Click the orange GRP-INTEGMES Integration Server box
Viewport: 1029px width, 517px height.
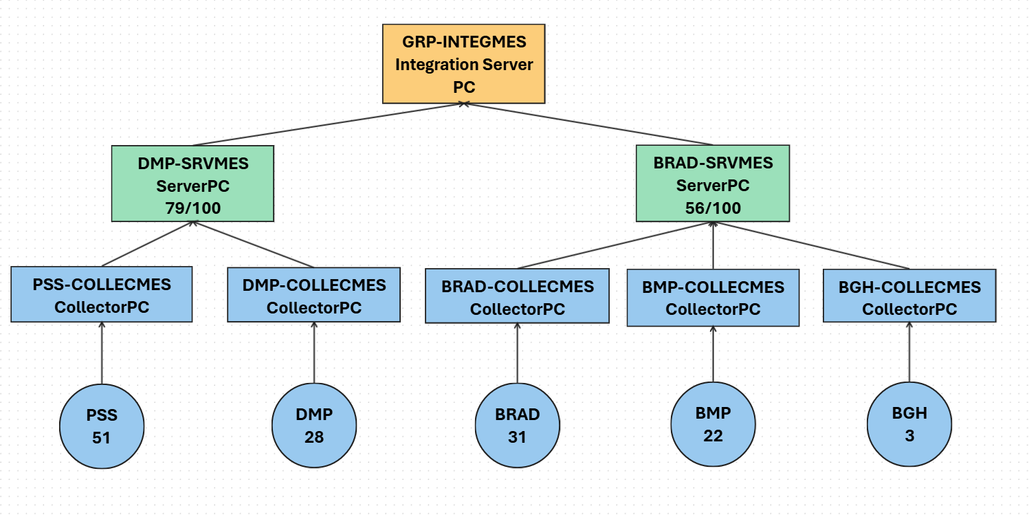[x=463, y=64]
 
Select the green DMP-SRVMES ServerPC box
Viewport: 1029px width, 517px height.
[x=192, y=184]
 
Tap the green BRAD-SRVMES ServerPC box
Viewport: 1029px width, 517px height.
[x=713, y=184]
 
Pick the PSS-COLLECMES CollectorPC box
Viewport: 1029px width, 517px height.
[x=102, y=294]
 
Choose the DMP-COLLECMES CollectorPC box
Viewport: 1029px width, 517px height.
[x=313, y=294]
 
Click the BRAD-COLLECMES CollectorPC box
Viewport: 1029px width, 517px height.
[x=518, y=296]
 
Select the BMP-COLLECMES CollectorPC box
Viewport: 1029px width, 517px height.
[x=713, y=298]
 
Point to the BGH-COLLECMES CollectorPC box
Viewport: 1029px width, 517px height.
[x=909, y=296]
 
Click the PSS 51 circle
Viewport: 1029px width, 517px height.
[x=102, y=426]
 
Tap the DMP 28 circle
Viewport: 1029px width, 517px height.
[x=314, y=425]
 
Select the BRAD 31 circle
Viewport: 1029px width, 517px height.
[x=518, y=425]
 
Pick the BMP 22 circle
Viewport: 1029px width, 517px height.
[x=713, y=423]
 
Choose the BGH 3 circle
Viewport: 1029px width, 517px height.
[x=909, y=423]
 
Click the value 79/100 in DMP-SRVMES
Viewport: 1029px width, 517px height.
[x=193, y=208]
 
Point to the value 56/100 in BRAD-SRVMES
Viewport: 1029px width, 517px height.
[x=713, y=208]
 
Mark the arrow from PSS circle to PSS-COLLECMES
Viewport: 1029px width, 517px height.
[x=102, y=353]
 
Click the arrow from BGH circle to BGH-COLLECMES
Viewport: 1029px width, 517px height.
[x=909, y=352]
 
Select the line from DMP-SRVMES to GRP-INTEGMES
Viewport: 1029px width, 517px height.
[x=329, y=124]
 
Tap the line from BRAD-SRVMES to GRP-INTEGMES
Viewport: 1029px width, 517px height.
[x=588, y=124]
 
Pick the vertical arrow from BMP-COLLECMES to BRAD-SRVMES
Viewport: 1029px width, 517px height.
[x=713, y=245]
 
